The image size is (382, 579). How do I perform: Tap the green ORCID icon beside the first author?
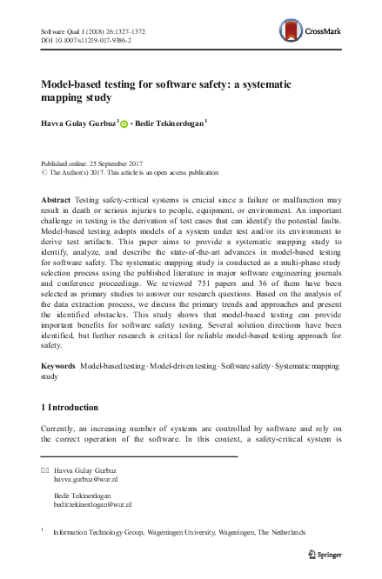coord(124,124)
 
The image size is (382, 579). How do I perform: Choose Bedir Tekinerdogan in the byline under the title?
coord(170,123)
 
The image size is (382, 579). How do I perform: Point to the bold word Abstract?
coord(56,200)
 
